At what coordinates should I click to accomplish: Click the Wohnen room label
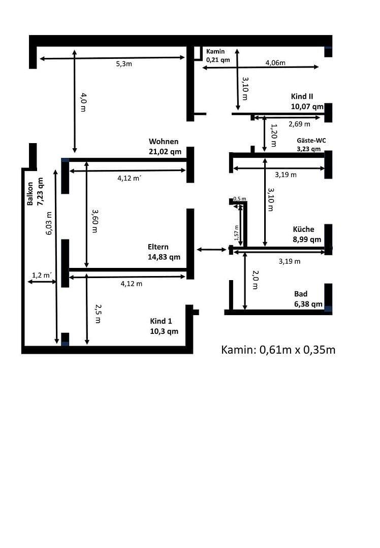point(164,142)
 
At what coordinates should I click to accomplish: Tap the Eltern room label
point(158,247)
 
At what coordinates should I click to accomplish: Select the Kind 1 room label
point(161,321)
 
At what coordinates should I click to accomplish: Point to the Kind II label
point(302,96)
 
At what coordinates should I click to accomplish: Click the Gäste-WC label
point(311,141)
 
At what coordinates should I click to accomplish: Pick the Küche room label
point(303,229)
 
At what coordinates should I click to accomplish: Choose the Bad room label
point(301,294)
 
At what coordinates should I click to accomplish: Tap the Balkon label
point(30,193)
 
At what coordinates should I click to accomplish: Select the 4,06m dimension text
point(275,63)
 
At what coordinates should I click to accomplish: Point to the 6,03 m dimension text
point(49,223)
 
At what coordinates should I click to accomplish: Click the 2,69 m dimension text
point(299,123)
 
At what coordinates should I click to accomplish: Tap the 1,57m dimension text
point(236,233)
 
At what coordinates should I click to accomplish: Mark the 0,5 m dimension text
point(240,198)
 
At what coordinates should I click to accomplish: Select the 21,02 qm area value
point(165,151)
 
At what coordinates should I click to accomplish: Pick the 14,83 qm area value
point(164,257)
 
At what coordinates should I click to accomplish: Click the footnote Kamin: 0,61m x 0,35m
point(278,350)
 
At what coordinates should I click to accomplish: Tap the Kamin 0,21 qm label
point(218,56)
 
